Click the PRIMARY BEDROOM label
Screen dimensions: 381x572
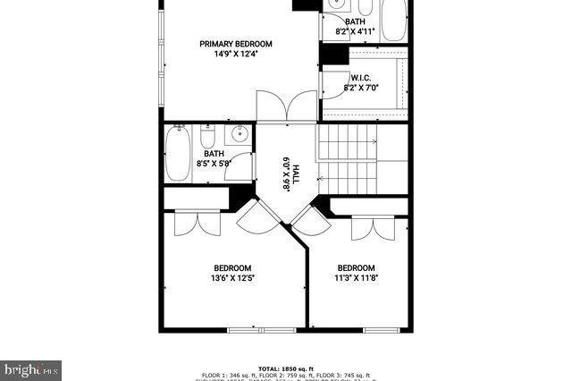[236, 44]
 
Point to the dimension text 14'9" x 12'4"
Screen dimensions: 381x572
[236, 55]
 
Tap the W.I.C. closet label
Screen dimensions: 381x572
[361, 78]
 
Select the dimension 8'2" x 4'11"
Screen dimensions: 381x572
[355, 32]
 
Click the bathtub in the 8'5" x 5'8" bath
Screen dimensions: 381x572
[178, 152]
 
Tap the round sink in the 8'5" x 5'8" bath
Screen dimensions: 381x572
[239, 136]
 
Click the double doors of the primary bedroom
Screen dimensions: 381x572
[286, 106]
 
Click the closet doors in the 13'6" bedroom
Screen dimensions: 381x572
[197, 224]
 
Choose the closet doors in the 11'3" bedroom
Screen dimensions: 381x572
[373, 228]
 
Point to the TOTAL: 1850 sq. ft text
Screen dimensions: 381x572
[286, 368]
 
